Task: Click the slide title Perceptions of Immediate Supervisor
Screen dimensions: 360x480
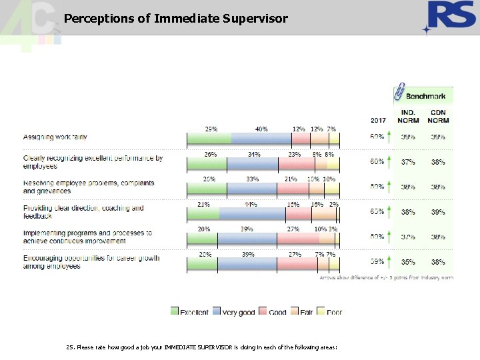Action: coord(176,19)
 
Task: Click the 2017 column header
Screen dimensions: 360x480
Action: coord(378,121)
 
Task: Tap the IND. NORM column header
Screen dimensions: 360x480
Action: coord(408,116)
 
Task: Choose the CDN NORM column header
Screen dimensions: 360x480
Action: coord(439,116)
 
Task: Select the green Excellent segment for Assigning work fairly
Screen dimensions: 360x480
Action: coord(209,139)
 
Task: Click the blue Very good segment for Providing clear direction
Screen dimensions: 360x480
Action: coord(253,213)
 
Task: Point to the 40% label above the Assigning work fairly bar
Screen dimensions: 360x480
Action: coord(261,129)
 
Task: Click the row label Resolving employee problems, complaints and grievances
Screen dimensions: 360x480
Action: coord(89,187)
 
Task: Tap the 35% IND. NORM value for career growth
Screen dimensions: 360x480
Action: coord(408,262)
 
